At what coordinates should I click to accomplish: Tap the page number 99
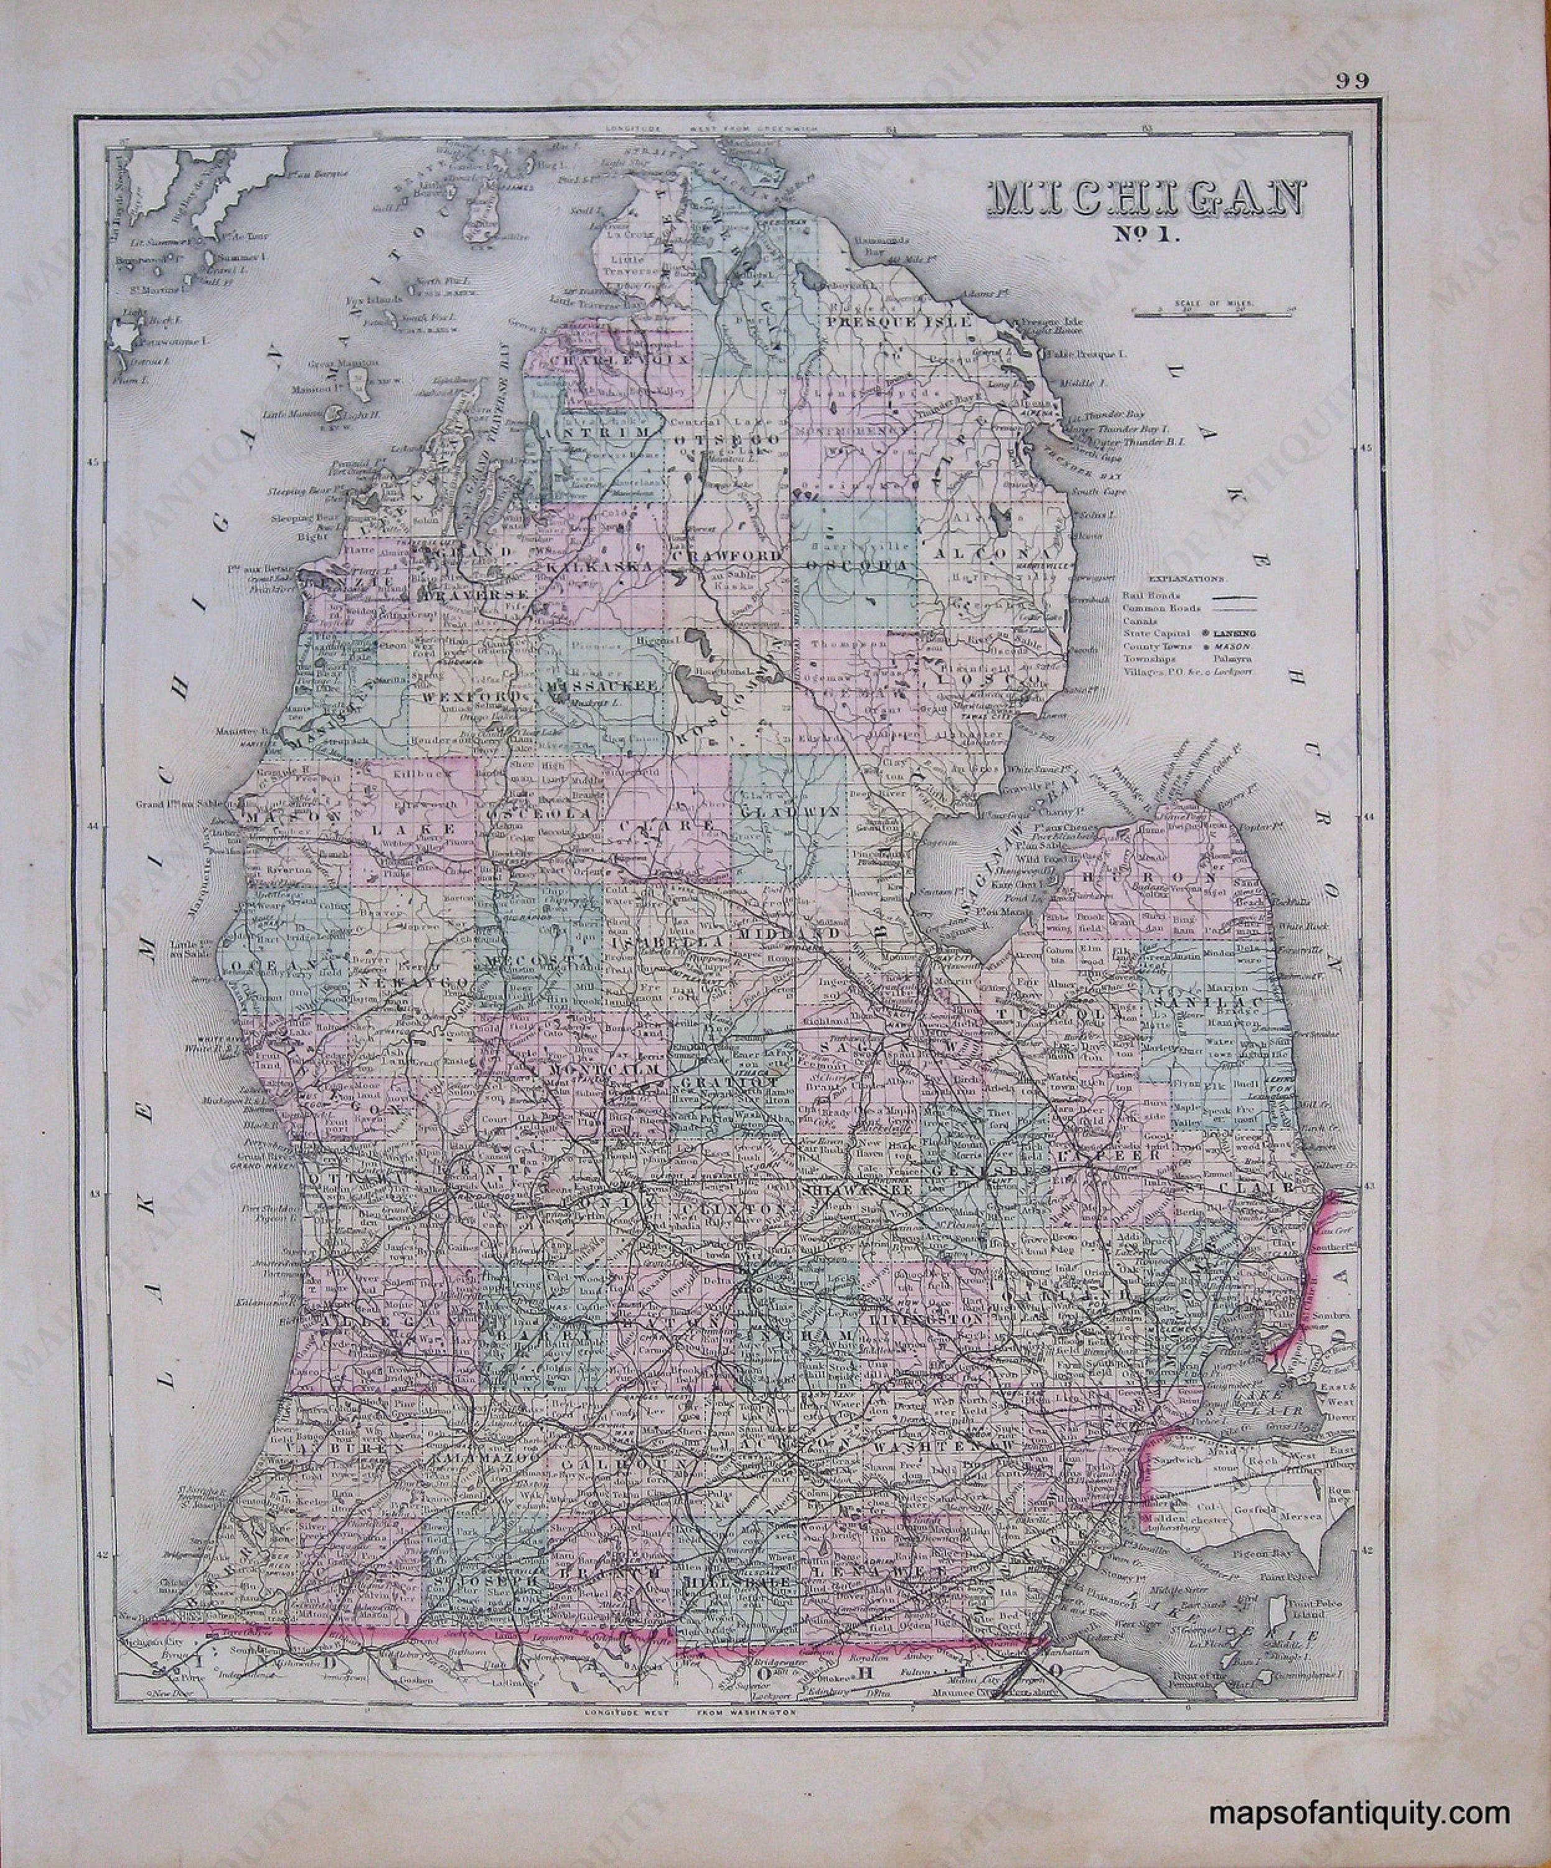pyautogui.click(x=1351, y=82)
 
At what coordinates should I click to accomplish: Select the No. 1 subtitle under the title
pyautogui.click(x=1145, y=264)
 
